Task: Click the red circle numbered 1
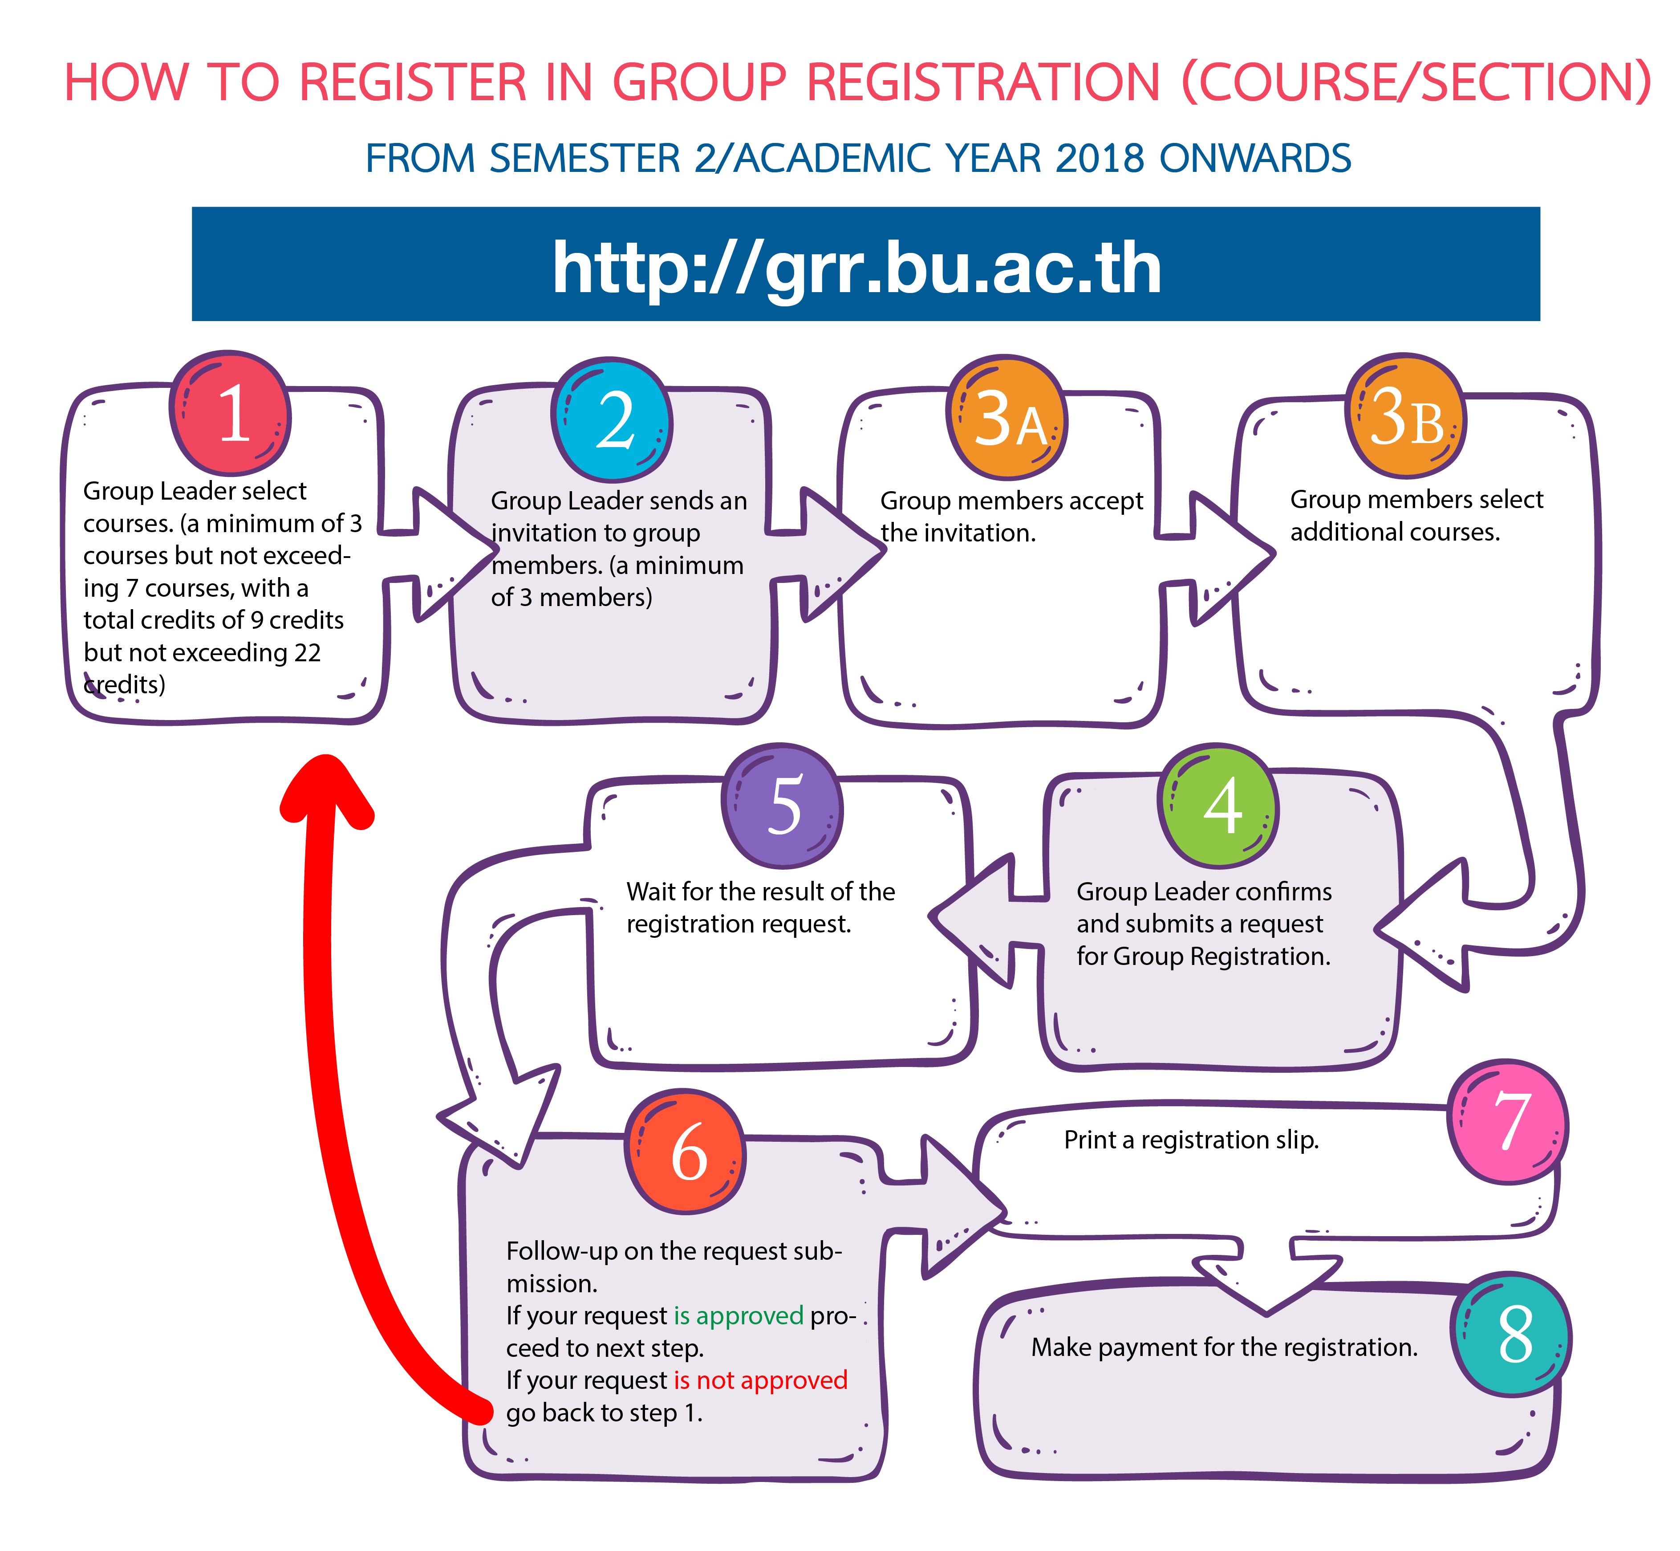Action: (231, 413)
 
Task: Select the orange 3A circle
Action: (1006, 417)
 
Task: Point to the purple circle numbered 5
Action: (782, 805)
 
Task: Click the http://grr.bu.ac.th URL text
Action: (857, 267)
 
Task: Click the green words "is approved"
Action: (739, 1315)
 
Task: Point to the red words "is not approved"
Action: (760, 1380)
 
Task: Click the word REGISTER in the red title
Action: (412, 82)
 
